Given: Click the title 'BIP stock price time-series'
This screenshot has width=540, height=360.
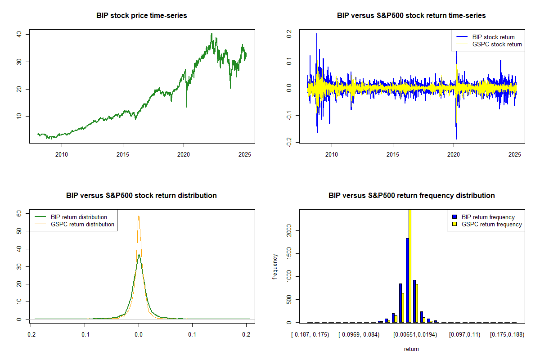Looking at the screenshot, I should (142, 15).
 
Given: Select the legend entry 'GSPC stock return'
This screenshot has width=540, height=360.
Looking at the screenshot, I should (497, 44).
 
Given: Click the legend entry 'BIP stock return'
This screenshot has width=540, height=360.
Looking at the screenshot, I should (493, 37).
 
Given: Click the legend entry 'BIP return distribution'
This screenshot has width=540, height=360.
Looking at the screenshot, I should (79, 217).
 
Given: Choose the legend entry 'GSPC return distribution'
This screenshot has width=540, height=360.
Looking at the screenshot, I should (82, 224).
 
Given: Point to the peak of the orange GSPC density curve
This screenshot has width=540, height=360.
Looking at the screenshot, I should (139, 216).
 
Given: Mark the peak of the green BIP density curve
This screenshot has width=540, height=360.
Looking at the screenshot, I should (139, 255).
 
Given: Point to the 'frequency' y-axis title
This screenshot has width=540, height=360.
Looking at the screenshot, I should (275, 266).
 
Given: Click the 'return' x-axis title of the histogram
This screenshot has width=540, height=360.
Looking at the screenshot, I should (411, 349).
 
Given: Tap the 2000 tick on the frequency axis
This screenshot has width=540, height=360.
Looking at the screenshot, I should (291, 230).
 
